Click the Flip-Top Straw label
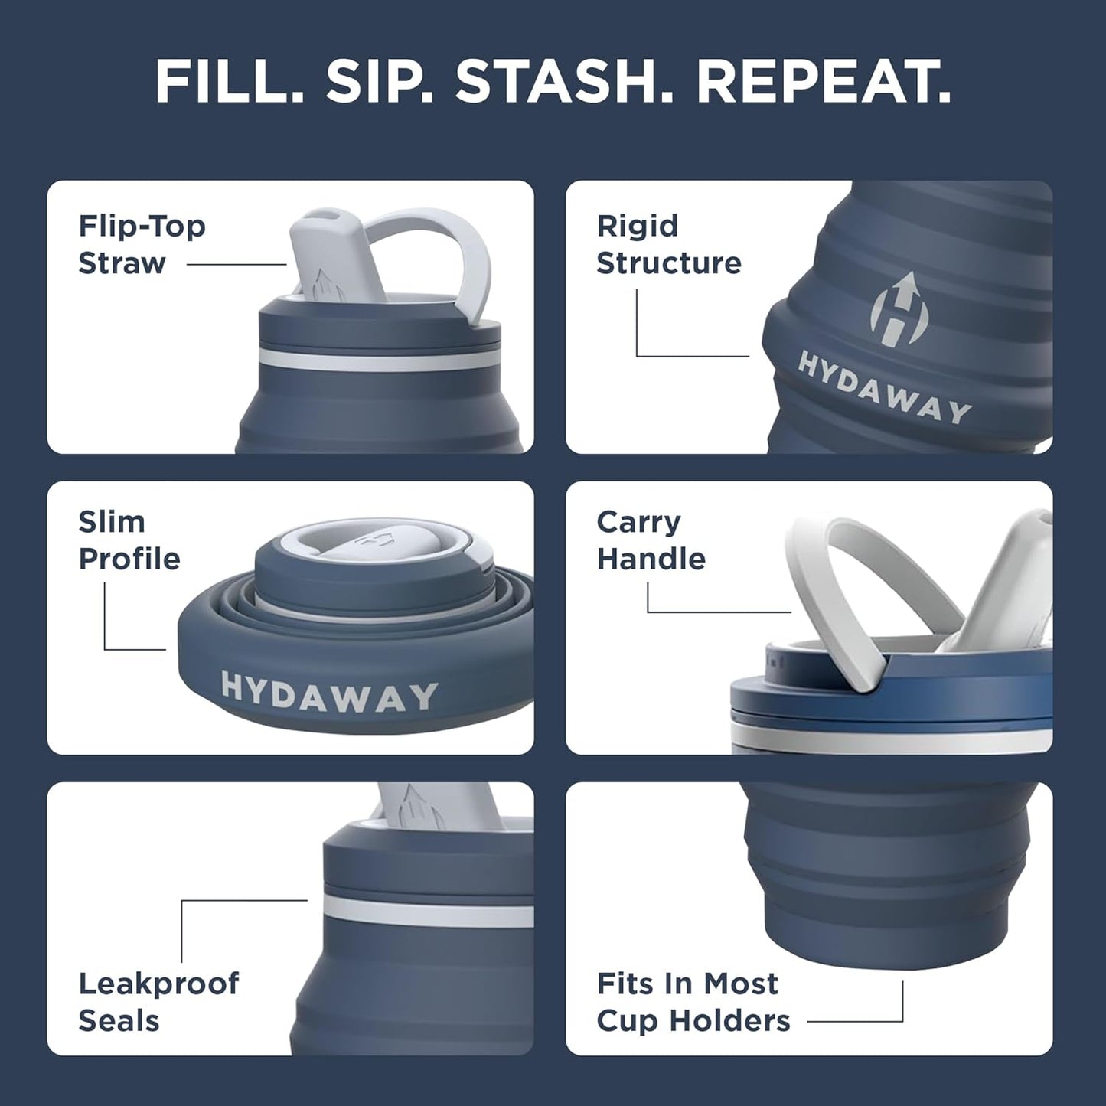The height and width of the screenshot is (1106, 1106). point(142,244)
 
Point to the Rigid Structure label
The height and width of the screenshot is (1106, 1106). point(668,244)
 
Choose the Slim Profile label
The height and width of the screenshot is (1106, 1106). point(129,540)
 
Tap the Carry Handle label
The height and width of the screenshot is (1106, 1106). point(651,540)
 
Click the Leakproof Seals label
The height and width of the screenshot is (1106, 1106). point(158,1001)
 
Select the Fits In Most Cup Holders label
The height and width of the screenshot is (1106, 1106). point(693,1001)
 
